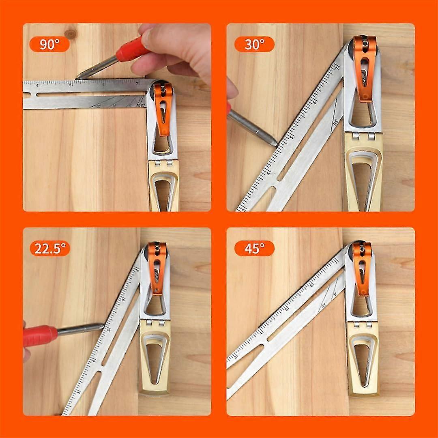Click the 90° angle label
pyautogui.click(x=49, y=44)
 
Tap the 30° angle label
pyautogui.click(x=254, y=44)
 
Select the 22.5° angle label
pyautogui.click(x=49, y=248)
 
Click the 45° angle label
pyautogui.click(x=254, y=248)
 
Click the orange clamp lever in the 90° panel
pyautogui.click(x=163, y=109)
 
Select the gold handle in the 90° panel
pyautogui.click(x=163, y=187)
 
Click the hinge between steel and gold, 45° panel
pyautogui.click(x=362, y=324)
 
